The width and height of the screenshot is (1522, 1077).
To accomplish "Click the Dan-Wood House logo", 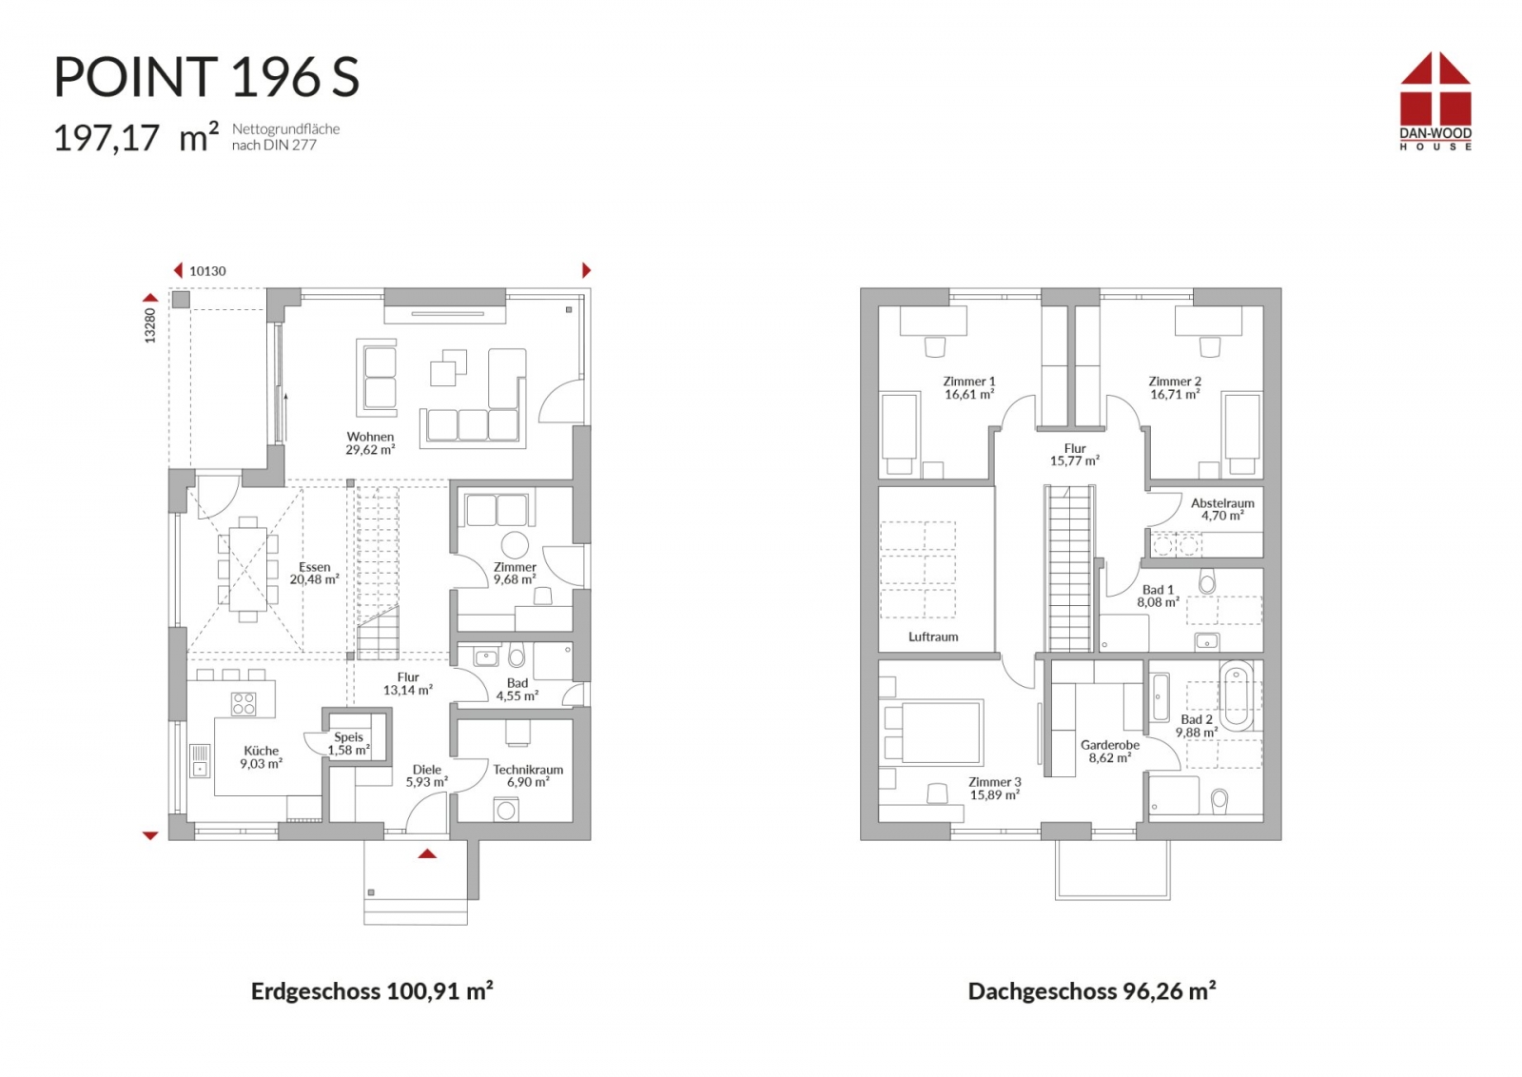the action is pos(1435,101).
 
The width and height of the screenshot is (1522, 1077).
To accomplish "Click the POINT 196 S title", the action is pos(206,77).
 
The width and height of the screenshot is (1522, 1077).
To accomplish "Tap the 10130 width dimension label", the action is pos(207,271).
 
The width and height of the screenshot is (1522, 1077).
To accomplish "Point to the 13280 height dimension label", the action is pos(150,325).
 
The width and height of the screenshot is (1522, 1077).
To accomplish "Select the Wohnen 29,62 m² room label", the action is pos(370,443).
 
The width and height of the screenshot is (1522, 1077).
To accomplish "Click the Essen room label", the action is pos(315,567).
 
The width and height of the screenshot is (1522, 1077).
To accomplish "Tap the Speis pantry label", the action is pos(348,736).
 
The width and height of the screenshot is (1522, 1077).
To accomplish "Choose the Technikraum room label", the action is pos(528,769).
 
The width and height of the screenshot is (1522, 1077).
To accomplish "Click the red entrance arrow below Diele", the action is pos(427,853).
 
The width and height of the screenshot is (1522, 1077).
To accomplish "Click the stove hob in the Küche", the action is pos(244,704).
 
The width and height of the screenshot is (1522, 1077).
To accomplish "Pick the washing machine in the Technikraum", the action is pos(505,810).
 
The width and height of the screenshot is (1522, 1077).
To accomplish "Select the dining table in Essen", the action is pos(248,569).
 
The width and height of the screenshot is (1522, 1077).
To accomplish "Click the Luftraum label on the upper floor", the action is pos(933,636).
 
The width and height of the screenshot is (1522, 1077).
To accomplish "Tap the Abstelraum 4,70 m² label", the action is pos(1222,510).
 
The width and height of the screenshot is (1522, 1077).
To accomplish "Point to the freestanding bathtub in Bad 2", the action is pos(1236,695).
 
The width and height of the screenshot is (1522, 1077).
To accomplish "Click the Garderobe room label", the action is pos(1109,745).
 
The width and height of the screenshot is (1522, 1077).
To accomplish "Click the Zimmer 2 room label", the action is pos(1175,382).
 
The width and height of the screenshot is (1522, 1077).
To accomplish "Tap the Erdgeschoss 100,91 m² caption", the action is pos(372,991).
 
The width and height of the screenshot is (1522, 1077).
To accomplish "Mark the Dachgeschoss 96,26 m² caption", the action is pos(1092,991).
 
